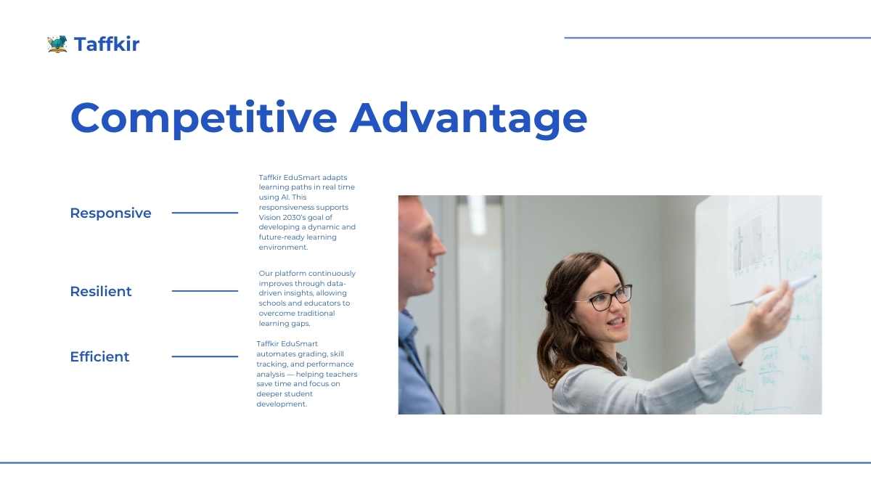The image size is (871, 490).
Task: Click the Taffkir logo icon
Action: [57, 44]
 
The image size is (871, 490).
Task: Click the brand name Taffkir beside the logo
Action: [107, 44]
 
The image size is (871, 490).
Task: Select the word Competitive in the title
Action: [204, 118]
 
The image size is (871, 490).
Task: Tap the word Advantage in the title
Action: [469, 118]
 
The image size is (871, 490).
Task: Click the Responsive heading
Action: [110, 213]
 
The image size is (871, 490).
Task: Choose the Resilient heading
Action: [101, 291]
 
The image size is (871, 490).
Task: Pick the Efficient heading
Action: [99, 356]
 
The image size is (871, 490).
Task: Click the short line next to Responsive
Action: [205, 213]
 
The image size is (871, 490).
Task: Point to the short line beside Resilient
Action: [205, 291]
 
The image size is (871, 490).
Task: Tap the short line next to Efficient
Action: [205, 356]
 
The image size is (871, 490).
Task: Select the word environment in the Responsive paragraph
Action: [283, 248]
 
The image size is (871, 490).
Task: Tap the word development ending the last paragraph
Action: [282, 404]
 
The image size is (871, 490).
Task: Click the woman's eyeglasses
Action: [608, 298]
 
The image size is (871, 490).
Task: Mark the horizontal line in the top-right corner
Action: [717, 38]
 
